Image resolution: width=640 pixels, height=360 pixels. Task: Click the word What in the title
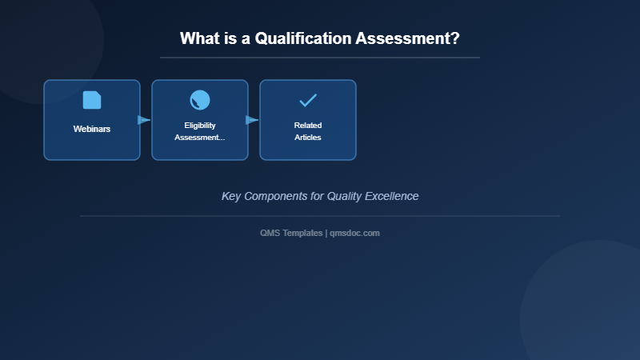199,38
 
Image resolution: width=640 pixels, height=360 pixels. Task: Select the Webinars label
92,129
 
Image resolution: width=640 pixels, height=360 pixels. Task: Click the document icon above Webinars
92,100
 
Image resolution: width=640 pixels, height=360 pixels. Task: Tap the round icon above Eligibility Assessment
200,100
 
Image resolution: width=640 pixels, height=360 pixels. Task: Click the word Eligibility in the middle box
200,126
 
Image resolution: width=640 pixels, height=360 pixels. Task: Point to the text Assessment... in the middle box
200,138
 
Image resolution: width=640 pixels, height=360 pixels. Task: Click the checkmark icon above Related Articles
308,100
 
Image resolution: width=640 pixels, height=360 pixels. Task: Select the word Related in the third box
308,126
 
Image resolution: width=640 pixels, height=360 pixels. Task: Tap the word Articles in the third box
308,138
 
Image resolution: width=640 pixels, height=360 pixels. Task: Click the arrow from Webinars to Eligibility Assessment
144,120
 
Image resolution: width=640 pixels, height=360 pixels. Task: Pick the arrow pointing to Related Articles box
252,120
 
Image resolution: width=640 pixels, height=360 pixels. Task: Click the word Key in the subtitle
230,196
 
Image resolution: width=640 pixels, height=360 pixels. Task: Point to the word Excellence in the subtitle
391,196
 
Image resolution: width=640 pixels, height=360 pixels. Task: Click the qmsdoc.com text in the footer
355,233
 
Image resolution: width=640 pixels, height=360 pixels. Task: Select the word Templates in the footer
303,233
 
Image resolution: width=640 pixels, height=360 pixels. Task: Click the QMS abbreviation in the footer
270,233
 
